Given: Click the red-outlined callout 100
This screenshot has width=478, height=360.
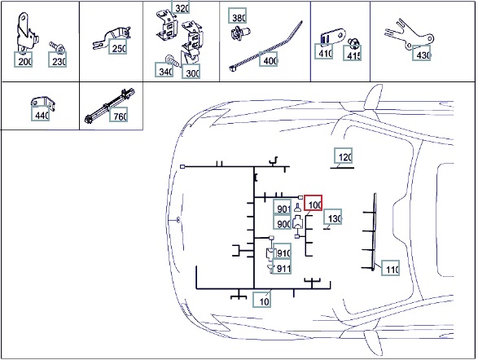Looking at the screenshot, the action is tap(313, 203).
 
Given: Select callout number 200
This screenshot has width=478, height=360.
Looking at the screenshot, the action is tap(23, 59).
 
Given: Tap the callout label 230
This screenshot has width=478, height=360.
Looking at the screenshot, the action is tap(57, 59).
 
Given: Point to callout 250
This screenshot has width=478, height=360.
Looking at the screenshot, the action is tap(118, 46).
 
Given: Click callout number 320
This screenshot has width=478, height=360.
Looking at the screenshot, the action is tap(181, 7).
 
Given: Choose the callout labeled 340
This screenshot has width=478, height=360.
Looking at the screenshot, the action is tap(164, 69).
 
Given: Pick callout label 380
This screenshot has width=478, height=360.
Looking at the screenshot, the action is tap(238, 15).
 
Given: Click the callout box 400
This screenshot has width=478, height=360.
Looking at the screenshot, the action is tap(269, 59).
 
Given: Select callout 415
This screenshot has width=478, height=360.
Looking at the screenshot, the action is tap(352, 53).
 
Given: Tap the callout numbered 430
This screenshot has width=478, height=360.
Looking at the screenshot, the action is tap(422, 53).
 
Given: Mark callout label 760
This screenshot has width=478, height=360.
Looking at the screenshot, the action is tap(119, 114).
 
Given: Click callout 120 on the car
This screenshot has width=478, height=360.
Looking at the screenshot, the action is tap(344, 156).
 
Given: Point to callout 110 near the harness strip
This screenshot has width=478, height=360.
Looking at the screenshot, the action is tap(391, 268).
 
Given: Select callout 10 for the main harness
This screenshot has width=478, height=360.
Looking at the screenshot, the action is tap(262, 300).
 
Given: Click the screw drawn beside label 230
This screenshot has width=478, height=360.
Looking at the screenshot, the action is tap(57, 47).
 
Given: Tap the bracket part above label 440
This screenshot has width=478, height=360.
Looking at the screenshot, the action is tap(42, 103).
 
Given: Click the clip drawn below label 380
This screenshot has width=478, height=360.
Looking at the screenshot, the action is tap(240, 33).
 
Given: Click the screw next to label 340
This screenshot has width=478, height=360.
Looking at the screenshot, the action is tap(171, 60).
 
